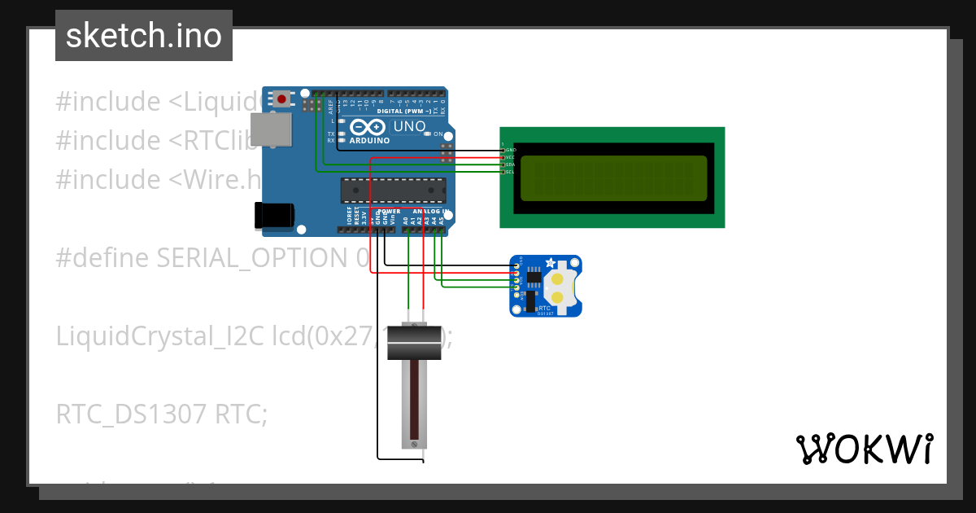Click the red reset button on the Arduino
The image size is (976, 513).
281,99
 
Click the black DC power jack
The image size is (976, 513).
273,215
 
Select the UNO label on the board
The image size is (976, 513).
409,127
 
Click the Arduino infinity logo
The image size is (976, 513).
368,128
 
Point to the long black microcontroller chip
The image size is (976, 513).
393,190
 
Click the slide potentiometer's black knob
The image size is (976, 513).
414,340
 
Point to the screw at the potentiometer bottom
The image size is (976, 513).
414,444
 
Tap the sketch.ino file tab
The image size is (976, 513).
144,36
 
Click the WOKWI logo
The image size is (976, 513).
864,449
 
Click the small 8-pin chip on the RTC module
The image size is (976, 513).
534,278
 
